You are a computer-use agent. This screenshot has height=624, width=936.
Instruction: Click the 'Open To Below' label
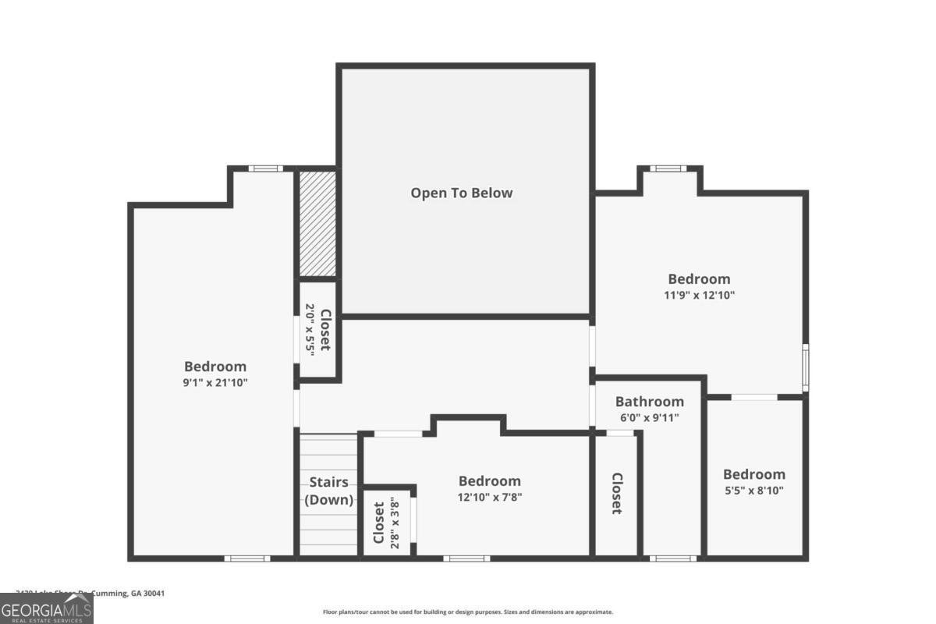tap(462, 193)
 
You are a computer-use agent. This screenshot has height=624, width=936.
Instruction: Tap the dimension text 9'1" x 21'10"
tap(215, 382)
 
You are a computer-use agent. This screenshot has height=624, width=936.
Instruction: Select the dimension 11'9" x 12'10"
tap(699, 295)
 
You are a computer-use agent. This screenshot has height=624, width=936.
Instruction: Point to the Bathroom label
tap(649, 402)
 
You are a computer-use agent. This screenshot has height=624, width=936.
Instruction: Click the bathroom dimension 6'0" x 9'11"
tap(649, 417)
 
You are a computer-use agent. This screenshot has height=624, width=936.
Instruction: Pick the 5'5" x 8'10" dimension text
tap(753, 491)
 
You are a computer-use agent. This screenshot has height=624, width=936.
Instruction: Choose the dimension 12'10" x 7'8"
tap(489, 497)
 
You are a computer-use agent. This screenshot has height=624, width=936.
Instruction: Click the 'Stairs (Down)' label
tap(328, 491)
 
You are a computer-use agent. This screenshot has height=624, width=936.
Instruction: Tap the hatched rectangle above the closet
tap(318, 224)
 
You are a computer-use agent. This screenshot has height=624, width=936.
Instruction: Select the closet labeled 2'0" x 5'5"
tap(318, 330)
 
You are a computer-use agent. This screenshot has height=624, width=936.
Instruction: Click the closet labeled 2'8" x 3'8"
tap(387, 522)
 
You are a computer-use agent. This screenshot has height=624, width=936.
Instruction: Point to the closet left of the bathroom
tap(616, 493)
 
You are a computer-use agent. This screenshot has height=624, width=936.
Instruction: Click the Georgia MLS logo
tap(47, 608)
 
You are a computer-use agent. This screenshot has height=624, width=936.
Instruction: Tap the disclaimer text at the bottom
tap(468, 612)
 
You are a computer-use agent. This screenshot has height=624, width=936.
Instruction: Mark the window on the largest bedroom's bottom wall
tap(247, 558)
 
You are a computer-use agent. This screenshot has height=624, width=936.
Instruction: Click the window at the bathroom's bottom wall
tap(672, 558)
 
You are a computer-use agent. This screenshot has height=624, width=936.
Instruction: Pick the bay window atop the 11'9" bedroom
tap(669, 168)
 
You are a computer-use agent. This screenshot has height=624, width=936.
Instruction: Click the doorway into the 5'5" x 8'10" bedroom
tap(754, 397)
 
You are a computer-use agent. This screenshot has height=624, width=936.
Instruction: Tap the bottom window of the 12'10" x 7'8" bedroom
tap(467, 558)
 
